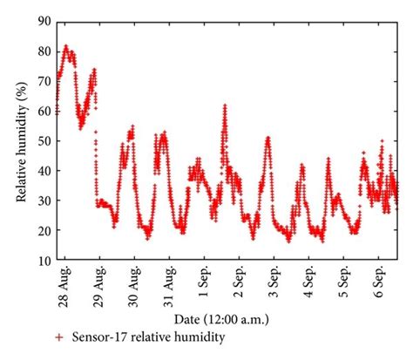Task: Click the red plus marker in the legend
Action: click(58, 337)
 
